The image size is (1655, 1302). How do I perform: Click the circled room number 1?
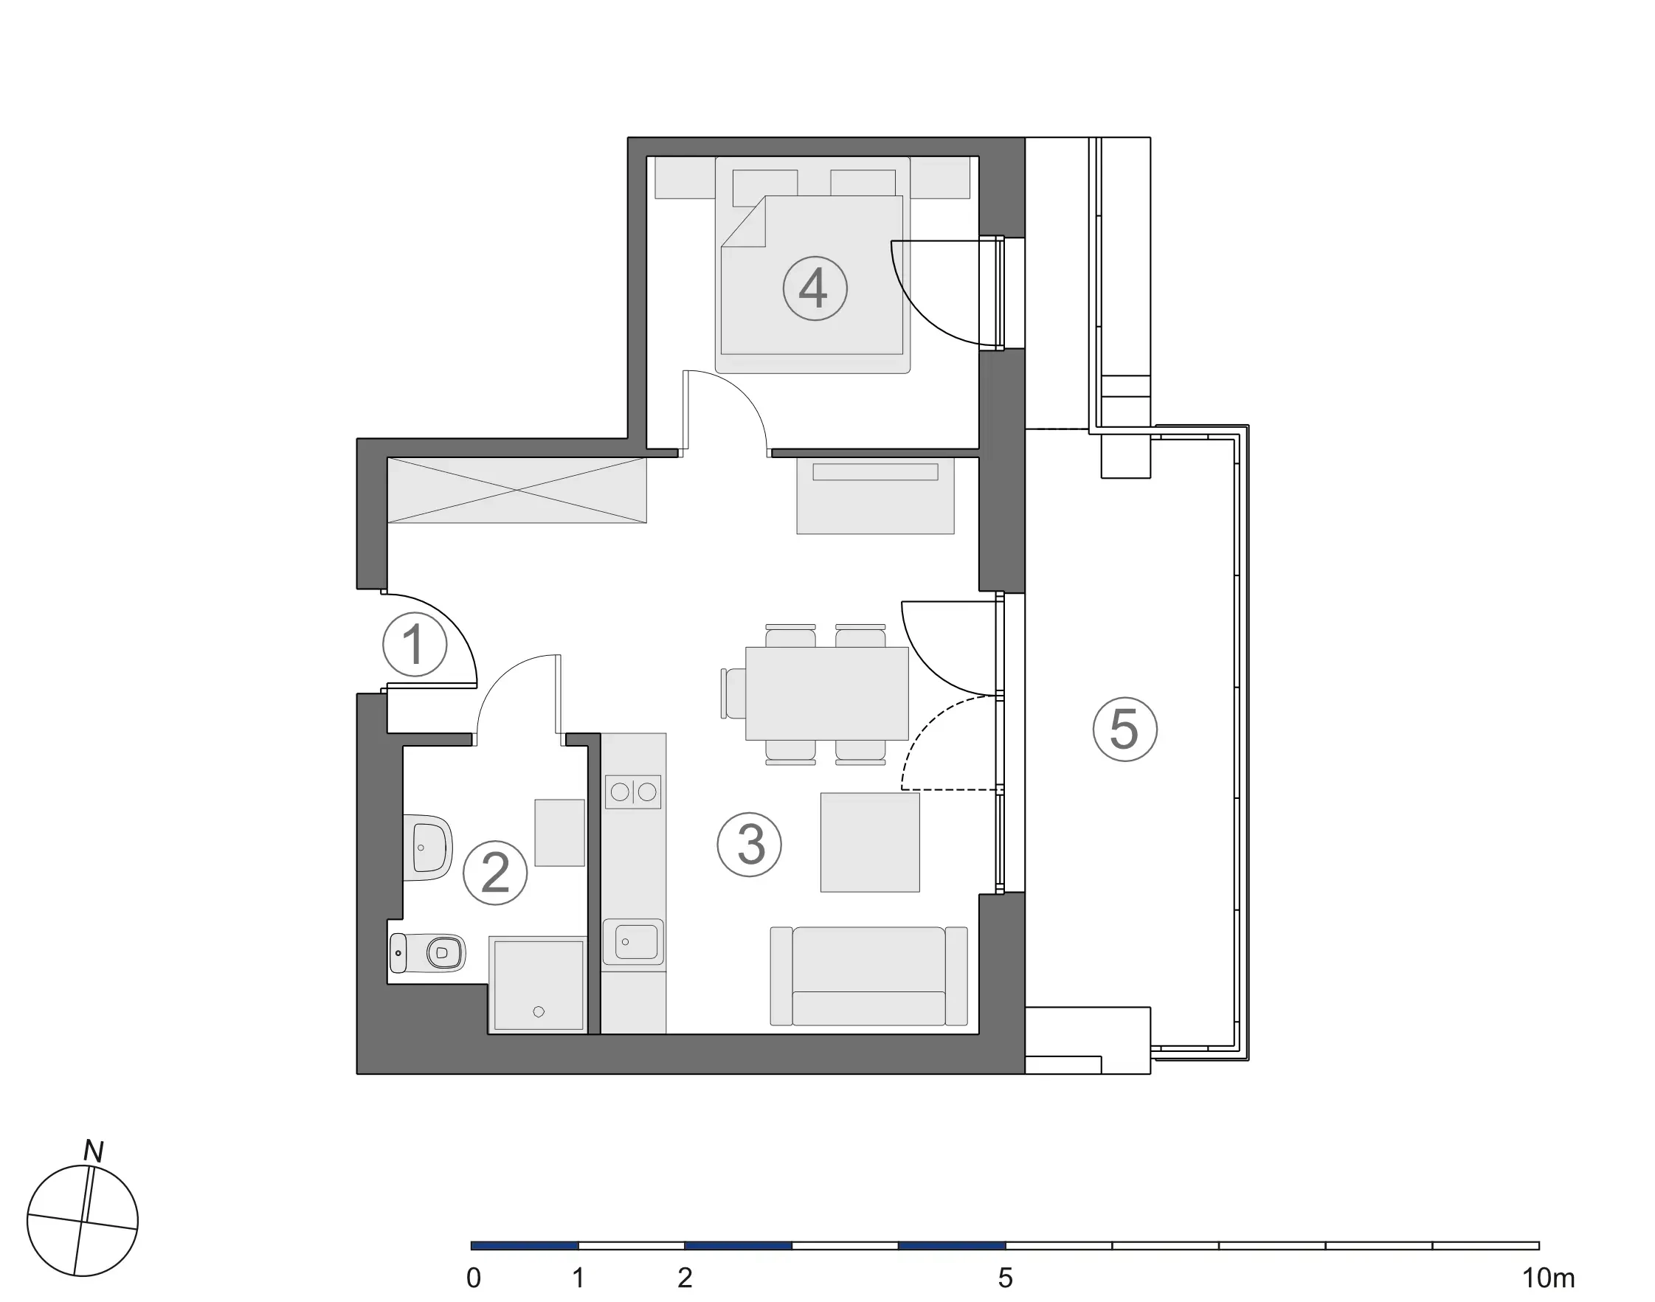coord(414,644)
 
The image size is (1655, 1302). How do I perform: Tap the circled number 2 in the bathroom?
coord(495,873)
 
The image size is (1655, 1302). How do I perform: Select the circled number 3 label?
coord(750,844)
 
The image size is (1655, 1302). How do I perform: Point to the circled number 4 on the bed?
coord(815,288)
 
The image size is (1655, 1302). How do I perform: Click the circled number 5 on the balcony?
coord(1124,729)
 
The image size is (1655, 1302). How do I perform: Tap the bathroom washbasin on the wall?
coord(429,847)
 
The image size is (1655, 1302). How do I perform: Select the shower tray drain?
coord(539,1011)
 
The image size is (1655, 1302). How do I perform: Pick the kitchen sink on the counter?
coord(633,941)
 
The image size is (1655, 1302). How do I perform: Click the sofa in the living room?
coord(868,976)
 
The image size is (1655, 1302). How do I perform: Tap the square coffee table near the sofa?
coord(870,842)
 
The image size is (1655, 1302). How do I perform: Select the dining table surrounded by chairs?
coord(826,693)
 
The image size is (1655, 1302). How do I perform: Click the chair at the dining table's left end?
coord(733,693)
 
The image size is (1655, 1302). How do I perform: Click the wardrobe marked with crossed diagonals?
coord(516,490)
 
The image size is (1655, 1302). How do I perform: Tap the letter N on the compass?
coord(93,1151)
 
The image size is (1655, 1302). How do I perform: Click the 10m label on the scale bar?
coord(1547,1278)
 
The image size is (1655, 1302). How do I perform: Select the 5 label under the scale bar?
coord(1005,1278)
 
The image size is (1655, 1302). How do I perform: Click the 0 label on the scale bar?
coord(474,1278)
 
